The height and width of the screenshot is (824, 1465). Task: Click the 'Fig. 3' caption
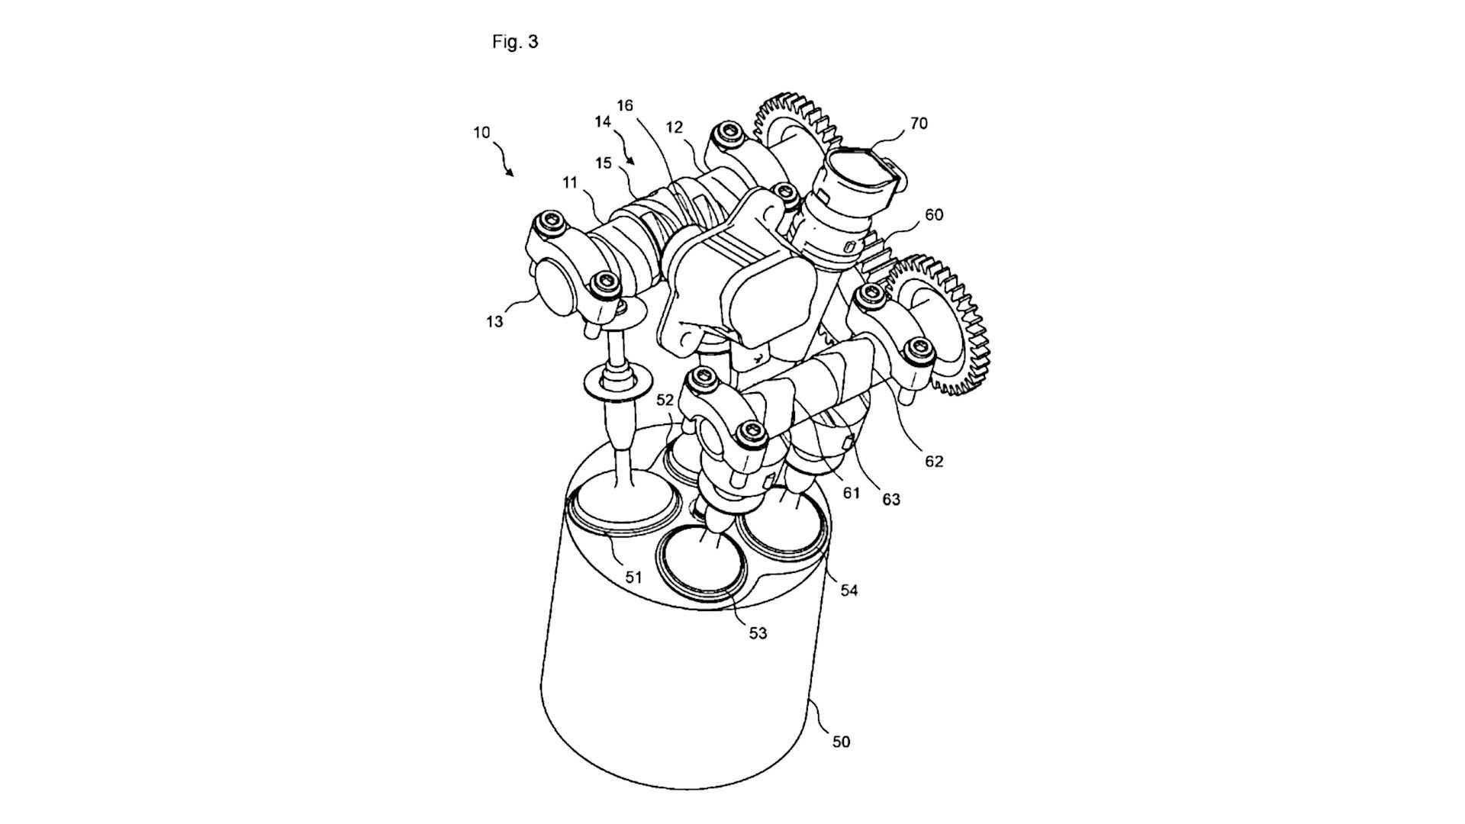[x=515, y=42]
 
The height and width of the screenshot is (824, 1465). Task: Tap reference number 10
[x=481, y=132]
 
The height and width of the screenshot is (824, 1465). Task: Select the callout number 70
[x=919, y=123]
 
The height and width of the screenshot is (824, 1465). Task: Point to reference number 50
[x=841, y=741]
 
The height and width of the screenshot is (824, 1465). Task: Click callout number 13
[x=494, y=322]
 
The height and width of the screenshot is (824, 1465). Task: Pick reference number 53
[x=757, y=632]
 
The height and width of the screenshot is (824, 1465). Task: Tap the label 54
[x=849, y=590]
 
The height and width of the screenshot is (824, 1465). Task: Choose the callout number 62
[x=934, y=461]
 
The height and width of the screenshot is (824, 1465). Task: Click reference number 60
[x=934, y=214]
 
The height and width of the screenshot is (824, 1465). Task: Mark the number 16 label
[x=625, y=105]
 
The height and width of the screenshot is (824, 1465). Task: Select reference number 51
[x=633, y=577]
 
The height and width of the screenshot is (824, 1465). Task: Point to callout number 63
[x=891, y=500]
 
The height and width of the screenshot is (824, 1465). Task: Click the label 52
[x=665, y=399]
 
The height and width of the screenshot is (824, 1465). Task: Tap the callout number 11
[x=570, y=182]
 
